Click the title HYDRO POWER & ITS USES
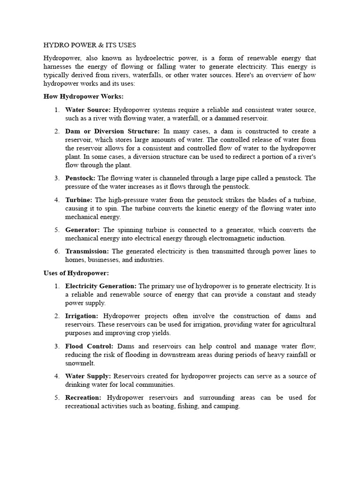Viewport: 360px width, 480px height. click(x=90, y=45)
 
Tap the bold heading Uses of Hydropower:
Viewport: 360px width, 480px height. click(x=76, y=273)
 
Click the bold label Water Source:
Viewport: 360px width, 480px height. click(x=88, y=110)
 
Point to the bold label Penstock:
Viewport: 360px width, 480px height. click(x=80, y=178)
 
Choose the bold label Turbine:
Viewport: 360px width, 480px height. click(x=78, y=200)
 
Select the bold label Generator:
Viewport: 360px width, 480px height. click(x=82, y=230)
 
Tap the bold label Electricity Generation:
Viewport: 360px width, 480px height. click(x=101, y=286)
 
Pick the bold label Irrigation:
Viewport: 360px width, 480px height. click(x=82, y=316)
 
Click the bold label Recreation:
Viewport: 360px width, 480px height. click(x=83, y=397)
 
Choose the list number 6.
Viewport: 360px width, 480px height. click(x=56, y=251)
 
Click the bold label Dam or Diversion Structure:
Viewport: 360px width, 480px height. click(x=112, y=131)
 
